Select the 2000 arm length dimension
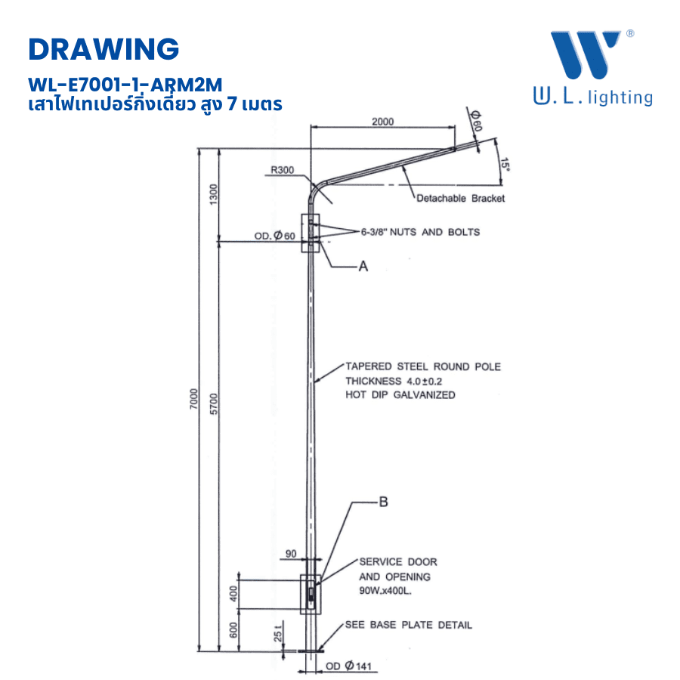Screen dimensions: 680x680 point(382,122)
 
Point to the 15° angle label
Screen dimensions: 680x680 point(504,165)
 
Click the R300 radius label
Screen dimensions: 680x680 point(282,171)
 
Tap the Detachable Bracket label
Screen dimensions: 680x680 point(460,199)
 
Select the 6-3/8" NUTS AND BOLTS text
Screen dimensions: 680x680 point(420,232)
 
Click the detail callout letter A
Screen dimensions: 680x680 point(363,266)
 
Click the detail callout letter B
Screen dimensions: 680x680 point(383,501)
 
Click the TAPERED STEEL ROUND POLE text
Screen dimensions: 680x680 point(422,367)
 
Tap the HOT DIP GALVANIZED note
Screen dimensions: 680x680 point(400,395)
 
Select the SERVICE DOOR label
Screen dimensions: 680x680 point(397,562)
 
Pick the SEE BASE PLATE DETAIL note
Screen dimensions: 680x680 point(408,626)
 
